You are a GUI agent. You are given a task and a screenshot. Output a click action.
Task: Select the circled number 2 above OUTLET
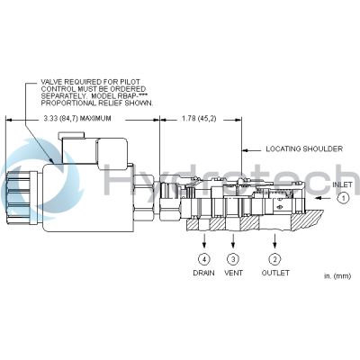click(274, 260)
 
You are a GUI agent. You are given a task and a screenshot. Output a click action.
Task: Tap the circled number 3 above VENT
click(233, 260)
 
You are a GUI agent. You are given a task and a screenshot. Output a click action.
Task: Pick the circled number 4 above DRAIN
click(203, 260)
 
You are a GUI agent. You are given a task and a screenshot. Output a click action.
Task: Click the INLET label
click(342, 185)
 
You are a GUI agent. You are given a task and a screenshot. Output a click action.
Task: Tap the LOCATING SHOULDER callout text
click(301, 148)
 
